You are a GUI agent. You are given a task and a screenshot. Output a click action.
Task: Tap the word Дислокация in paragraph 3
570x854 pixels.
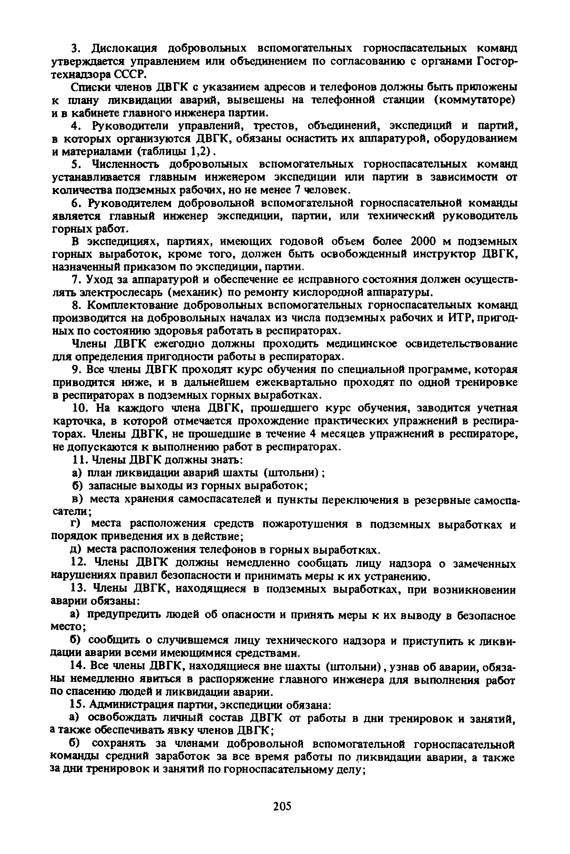point(124,48)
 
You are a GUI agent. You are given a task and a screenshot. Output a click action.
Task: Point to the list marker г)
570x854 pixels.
point(75,524)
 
